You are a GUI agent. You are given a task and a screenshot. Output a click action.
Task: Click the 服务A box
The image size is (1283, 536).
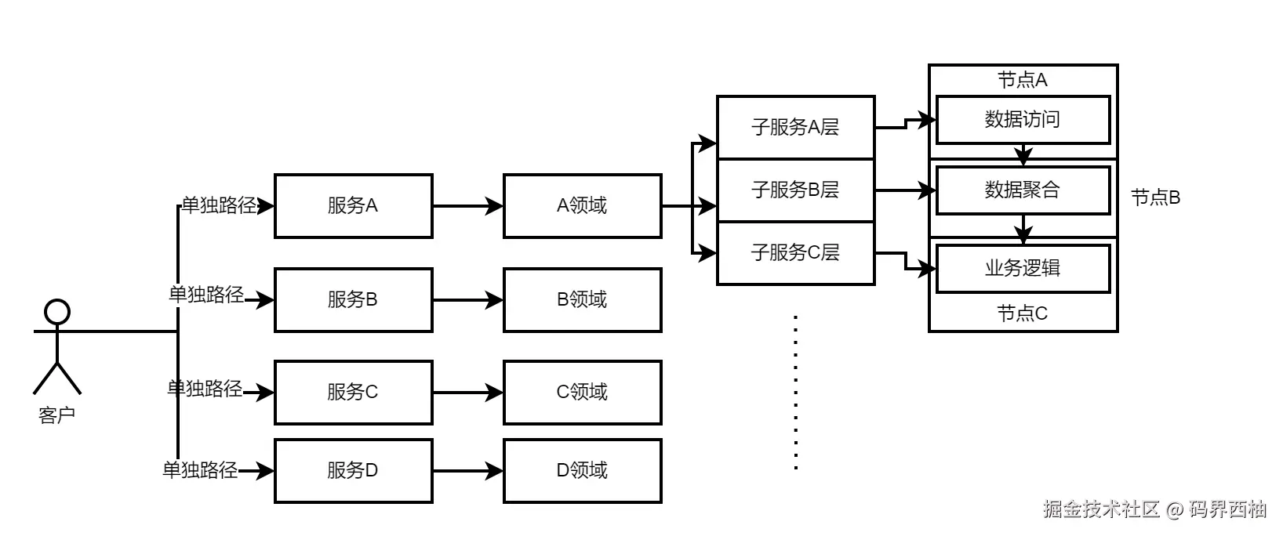353,206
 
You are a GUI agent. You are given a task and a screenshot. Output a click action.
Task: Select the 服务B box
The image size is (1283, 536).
353,299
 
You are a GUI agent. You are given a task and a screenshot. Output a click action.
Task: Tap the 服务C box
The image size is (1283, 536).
353,392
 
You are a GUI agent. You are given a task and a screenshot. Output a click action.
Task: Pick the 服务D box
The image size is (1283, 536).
353,470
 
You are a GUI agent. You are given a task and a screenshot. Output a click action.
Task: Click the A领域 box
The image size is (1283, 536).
582,206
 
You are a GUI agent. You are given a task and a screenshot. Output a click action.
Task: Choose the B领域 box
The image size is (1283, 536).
582,299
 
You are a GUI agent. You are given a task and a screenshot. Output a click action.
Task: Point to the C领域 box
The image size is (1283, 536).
582,392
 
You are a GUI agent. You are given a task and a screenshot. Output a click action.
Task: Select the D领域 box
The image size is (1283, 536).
582,470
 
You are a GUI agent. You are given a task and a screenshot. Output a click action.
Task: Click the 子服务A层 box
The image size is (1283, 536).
795,127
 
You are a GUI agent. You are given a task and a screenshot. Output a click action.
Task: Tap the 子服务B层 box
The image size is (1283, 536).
795,190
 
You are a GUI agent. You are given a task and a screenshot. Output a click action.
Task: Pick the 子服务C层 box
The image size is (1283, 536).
795,252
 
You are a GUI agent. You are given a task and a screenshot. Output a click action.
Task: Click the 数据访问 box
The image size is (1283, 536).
1023,120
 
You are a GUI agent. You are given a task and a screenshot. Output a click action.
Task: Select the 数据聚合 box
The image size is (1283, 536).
1023,190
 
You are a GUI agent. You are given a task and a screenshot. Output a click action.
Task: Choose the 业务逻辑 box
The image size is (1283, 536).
1023,268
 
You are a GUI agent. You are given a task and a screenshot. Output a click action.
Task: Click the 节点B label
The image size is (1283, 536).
1155,197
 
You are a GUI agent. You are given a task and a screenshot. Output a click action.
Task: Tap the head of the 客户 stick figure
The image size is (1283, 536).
57,312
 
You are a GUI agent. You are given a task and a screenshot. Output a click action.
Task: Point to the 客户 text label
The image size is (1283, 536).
56,415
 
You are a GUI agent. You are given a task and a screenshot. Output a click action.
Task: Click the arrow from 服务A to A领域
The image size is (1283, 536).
467,206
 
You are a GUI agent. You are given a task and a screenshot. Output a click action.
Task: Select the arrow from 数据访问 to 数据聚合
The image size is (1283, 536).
1023,154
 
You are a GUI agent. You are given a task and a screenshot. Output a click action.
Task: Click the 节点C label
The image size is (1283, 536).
1022,313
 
